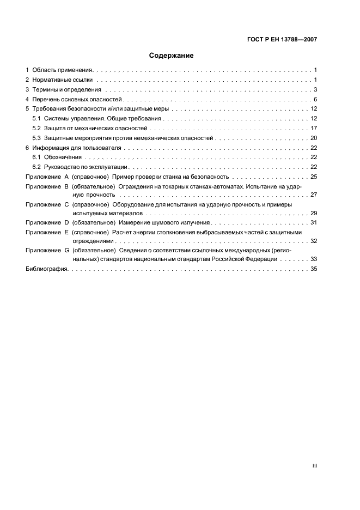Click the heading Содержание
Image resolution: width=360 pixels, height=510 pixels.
tap(171, 56)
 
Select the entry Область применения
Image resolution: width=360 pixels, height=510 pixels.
tap(63, 70)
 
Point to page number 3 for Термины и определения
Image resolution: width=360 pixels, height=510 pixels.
tap(315, 90)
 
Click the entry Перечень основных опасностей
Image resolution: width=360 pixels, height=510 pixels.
tap(77, 100)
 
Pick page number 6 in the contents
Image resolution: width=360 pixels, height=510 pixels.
tap(315, 100)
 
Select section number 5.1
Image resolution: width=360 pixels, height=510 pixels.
tap(36, 119)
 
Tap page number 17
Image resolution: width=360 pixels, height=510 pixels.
tap(314, 129)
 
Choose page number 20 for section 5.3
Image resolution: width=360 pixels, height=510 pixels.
tap(314, 138)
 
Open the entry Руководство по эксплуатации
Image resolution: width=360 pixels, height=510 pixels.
tap(85, 167)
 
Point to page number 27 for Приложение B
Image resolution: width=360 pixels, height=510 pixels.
tap(314, 195)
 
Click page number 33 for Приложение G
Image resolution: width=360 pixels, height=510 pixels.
tap(314, 259)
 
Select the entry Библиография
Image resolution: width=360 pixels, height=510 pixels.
tap(47, 269)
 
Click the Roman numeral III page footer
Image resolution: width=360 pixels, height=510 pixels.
tap(314, 466)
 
